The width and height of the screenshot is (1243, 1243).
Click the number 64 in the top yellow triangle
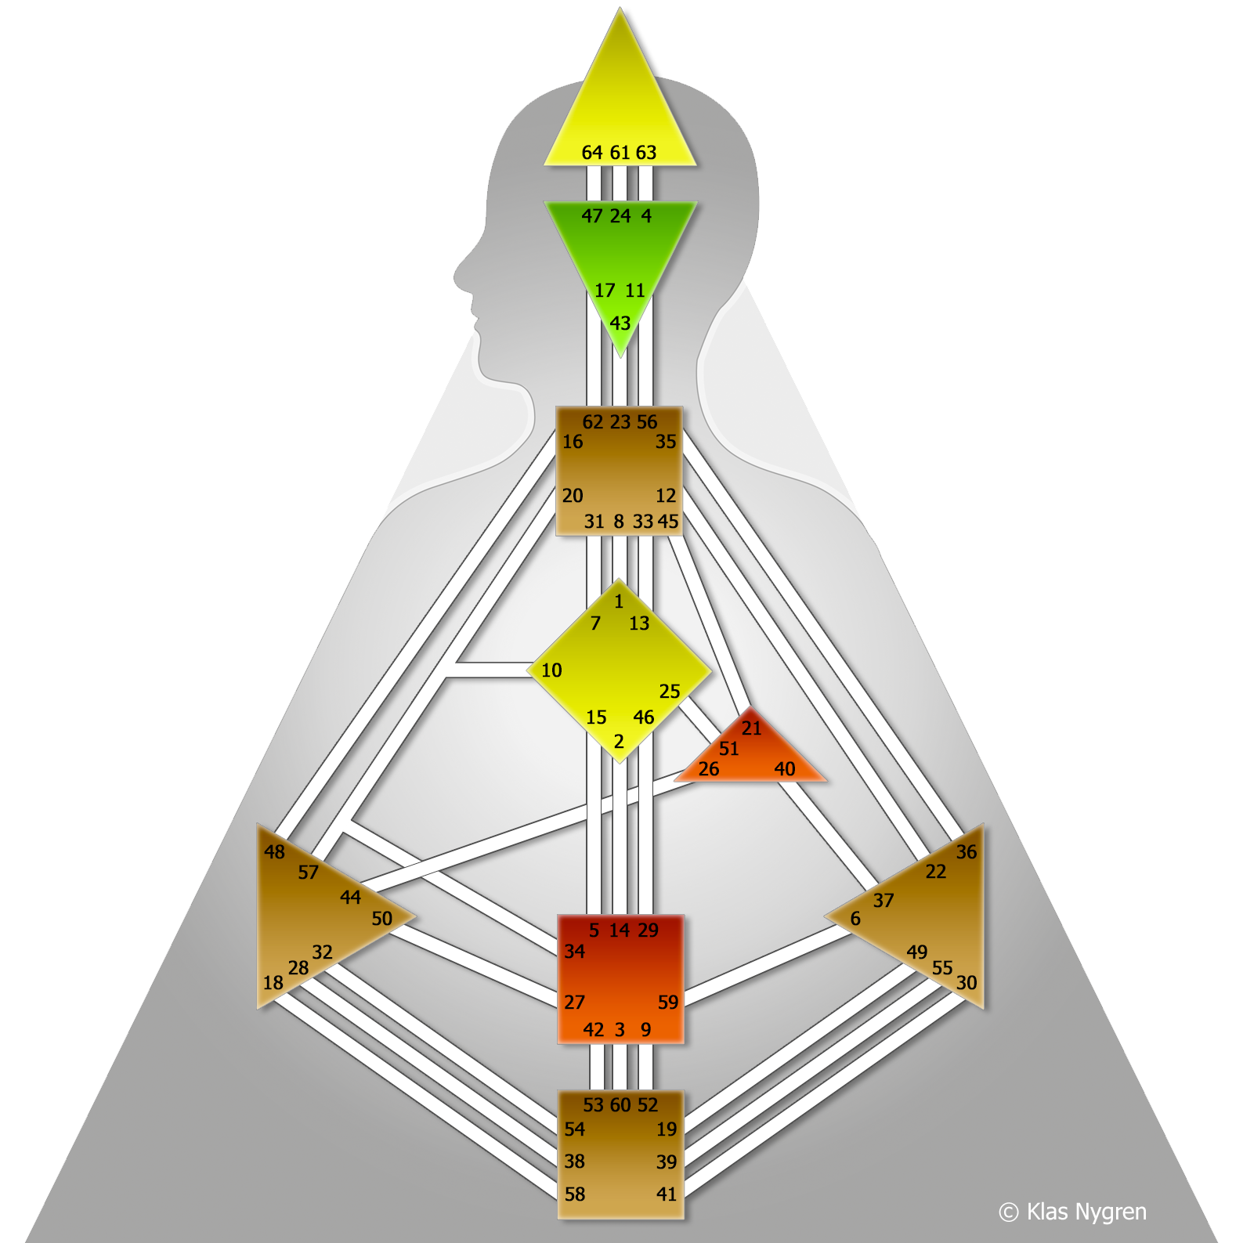tap(592, 153)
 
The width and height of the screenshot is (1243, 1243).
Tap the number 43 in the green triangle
tap(620, 323)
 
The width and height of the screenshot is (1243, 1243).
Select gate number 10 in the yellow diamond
tap(551, 670)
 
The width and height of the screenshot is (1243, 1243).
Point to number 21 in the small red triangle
tap(752, 728)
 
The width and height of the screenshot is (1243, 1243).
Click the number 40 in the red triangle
tap(785, 769)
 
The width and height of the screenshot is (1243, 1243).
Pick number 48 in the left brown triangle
tap(274, 852)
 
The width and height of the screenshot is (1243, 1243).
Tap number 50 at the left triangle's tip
tap(382, 919)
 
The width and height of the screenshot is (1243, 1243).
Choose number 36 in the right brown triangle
tap(967, 852)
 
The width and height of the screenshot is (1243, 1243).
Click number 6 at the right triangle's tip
tap(855, 919)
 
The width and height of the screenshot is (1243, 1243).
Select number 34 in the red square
tap(575, 952)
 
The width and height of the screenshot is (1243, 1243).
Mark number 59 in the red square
tap(668, 1003)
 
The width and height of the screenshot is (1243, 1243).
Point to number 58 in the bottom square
tap(575, 1194)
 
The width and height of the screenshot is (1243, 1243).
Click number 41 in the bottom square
tap(667, 1194)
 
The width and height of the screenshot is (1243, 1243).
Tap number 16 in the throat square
tap(573, 442)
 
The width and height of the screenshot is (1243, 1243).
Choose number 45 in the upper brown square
tap(668, 522)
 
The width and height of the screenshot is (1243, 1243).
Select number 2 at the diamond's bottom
tap(619, 742)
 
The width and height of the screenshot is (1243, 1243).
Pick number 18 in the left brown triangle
tap(273, 983)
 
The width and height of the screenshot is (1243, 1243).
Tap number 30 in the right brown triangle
tap(967, 983)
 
